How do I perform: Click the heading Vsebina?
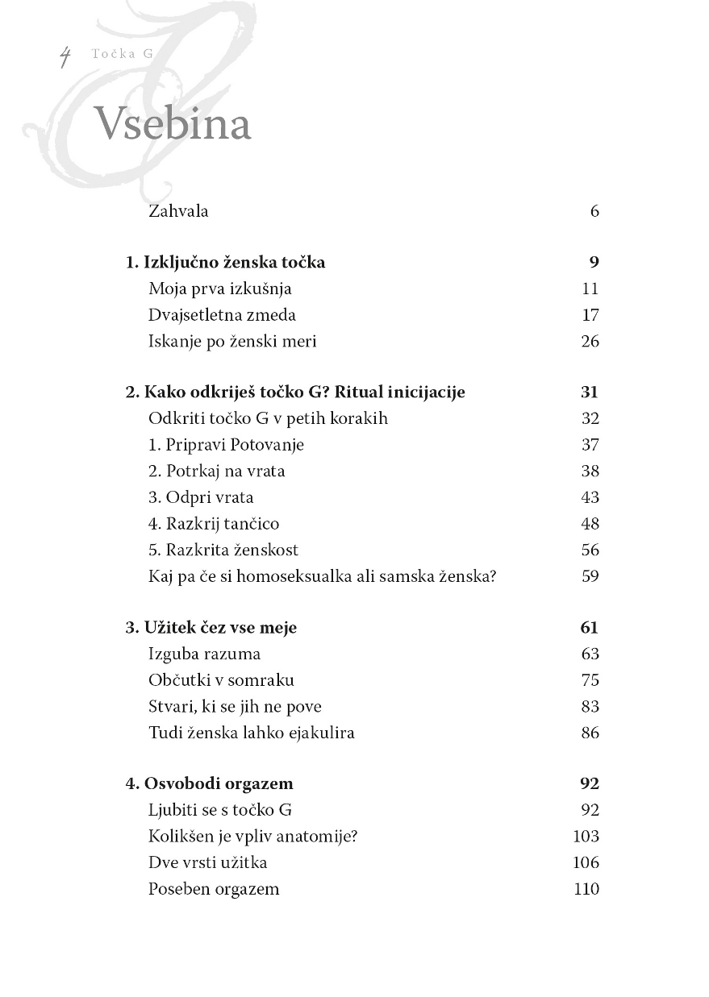point(173,124)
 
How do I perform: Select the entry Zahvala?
point(178,211)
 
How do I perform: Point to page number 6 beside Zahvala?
point(594,211)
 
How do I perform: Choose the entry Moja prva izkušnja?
point(219,289)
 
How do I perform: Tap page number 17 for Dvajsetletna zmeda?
point(590,315)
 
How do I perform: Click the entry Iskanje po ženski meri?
point(232,341)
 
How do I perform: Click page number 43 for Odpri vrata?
point(590,497)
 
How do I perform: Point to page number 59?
point(590,576)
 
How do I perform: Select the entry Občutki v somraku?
point(221,680)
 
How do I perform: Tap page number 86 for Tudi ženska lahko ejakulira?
point(590,733)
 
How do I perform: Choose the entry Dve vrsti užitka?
point(207,862)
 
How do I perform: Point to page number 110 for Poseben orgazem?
point(586,889)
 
